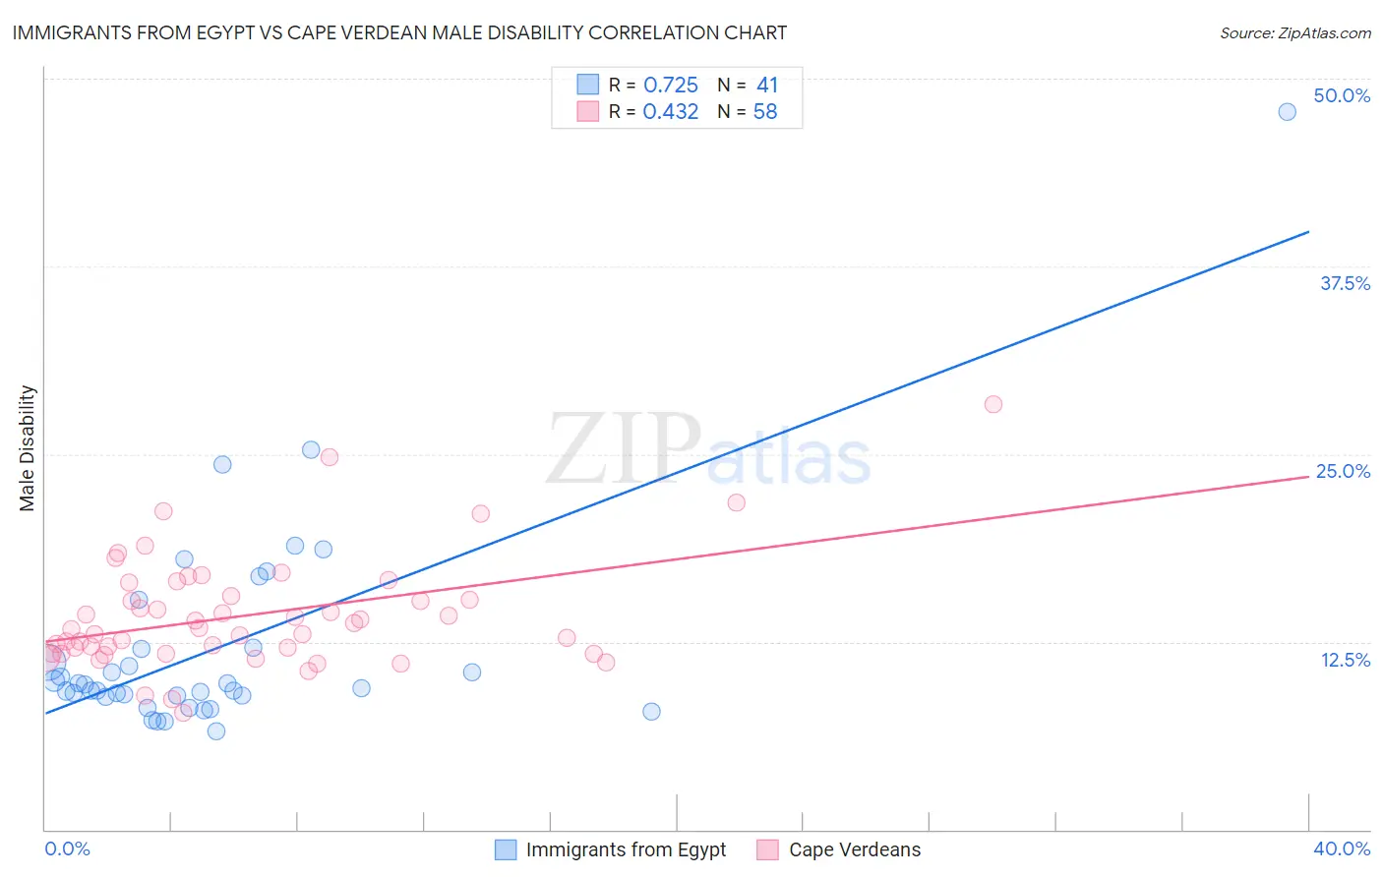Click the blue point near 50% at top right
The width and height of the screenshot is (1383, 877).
(x=1287, y=112)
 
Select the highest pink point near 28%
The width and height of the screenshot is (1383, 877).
(x=993, y=404)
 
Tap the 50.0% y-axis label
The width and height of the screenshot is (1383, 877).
(x=1342, y=95)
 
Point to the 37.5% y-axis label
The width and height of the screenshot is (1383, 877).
(x=1345, y=283)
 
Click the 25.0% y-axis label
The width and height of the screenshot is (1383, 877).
(x=1343, y=471)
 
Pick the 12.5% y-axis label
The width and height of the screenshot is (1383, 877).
(x=1345, y=660)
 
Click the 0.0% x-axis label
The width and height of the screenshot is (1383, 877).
(x=67, y=848)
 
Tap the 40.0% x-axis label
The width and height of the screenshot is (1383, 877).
(x=1342, y=848)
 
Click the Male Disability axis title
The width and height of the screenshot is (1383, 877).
(x=28, y=447)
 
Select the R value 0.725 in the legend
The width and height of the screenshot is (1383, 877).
(x=670, y=86)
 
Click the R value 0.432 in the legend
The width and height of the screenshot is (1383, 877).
(x=670, y=112)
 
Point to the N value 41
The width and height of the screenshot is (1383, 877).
(x=767, y=86)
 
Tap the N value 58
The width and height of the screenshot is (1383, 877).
(x=765, y=112)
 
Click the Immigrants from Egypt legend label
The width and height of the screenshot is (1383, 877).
(x=626, y=849)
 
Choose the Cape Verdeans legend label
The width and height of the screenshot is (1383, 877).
(x=855, y=849)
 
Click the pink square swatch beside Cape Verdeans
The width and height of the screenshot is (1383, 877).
(x=767, y=849)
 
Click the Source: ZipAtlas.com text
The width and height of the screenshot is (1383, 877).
(x=1294, y=33)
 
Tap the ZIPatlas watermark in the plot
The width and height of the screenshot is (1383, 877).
(x=708, y=450)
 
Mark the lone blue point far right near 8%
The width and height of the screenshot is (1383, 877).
(x=651, y=712)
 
